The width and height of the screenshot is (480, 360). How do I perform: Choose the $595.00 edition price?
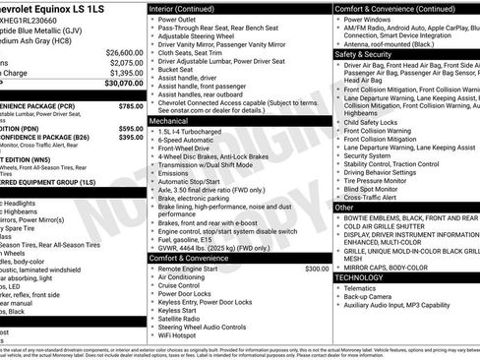tap(131, 128)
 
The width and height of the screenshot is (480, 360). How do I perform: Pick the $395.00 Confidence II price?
tap(131, 138)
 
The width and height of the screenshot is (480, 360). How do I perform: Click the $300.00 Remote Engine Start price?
tap(317, 268)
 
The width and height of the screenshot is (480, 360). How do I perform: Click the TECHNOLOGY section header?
tap(361, 277)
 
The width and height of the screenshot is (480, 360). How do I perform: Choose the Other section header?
tap(345, 208)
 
